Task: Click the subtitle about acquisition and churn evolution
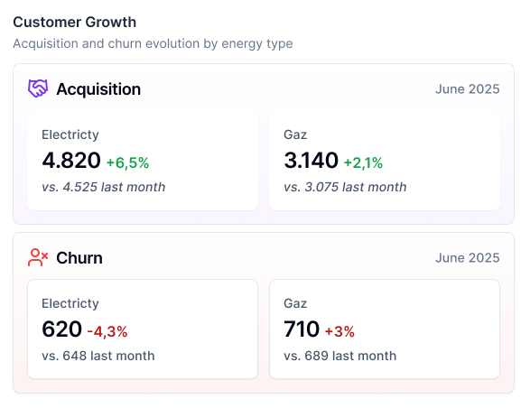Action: click(x=153, y=43)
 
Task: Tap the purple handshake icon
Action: click(x=38, y=88)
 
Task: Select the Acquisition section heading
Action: click(x=98, y=89)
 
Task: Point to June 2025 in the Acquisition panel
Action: click(x=467, y=89)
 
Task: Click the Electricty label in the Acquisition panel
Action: click(x=70, y=134)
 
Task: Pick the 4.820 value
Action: click(x=70, y=161)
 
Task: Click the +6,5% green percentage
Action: click(x=127, y=162)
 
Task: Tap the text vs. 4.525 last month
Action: click(x=103, y=187)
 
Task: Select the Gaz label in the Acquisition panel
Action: click(x=295, y=134)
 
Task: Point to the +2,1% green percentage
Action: click(x=363, y=162)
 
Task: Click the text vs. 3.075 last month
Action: click(x=345, y=187)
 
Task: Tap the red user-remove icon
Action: click(x=38, y=258)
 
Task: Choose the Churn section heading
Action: click(x=79, y=258)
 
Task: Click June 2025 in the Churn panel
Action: click(x=467, y=258)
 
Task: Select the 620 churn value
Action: click(x=61, y=329)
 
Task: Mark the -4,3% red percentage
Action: click(x=107, y=331)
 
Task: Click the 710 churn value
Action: click(x=302, y=329)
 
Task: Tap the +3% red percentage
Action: click(x=339, y=331)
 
